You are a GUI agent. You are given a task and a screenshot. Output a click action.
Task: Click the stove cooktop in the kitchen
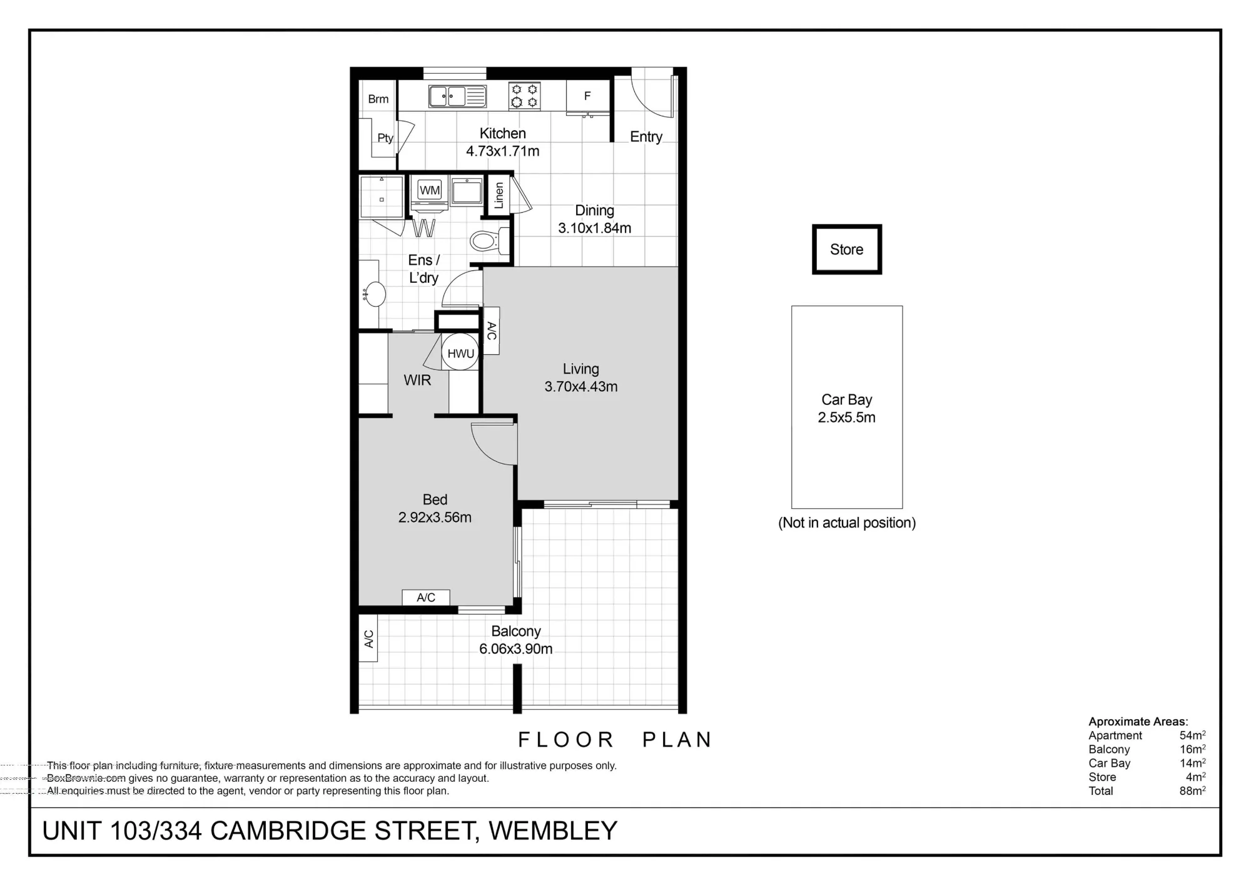coord(524,96)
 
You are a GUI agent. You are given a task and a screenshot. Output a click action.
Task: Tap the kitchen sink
coord(457,96)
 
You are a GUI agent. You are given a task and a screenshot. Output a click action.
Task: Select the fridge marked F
coord(587,96)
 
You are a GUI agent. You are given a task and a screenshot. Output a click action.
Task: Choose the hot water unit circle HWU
coord(460,353)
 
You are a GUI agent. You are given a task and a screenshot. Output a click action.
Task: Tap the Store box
coord(847,249)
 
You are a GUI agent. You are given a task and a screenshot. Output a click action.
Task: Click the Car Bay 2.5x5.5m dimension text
coord(847,417)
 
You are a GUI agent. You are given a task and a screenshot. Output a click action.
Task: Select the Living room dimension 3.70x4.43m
coord(581,387)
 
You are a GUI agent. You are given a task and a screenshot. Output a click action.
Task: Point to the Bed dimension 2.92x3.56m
coord(435,518)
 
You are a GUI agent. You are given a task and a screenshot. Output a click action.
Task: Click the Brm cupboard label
coord(378,99)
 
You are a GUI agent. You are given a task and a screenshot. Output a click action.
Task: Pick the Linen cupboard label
coord(499,195)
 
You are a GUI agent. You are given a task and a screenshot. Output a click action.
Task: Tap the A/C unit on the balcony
coord(368,638)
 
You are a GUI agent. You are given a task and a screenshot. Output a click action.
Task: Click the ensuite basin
coord(375,294)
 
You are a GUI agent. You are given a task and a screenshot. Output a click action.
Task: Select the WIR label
coord(417,380)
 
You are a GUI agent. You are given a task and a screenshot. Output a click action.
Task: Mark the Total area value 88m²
coord(1193,790)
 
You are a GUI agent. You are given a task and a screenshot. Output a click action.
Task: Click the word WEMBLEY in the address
coord(553,831)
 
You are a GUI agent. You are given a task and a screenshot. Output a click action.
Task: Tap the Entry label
coord(646,137)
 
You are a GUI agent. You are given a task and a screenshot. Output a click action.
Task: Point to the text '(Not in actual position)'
coord(847,523)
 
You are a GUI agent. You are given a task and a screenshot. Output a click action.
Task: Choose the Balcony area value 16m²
coord(1193,749)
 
